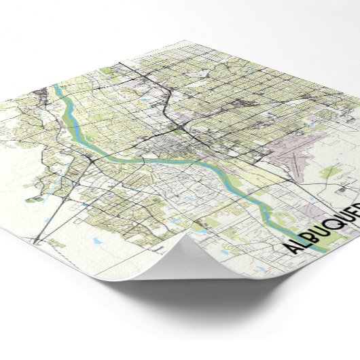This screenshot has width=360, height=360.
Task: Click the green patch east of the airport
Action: click(330, 173)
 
